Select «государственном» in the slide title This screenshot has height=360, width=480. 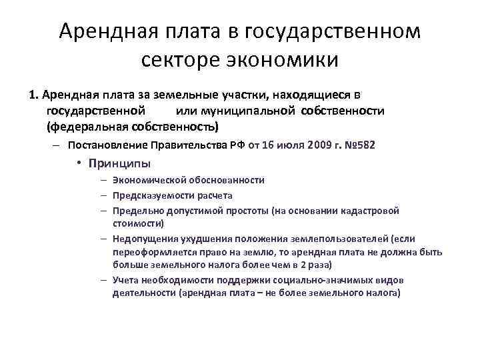click(333, 31)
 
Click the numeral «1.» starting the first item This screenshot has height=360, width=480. click(34, 95)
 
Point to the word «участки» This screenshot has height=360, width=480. click(250, 95)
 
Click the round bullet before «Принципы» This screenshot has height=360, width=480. click(79, 163)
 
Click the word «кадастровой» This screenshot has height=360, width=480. click(369, 211)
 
